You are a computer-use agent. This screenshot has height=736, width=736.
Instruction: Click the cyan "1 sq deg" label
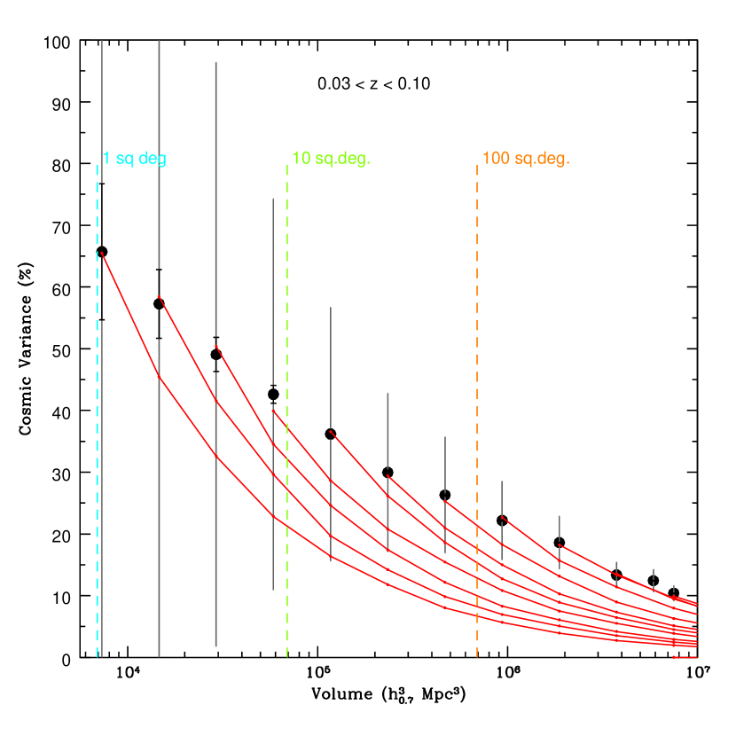[134, 160]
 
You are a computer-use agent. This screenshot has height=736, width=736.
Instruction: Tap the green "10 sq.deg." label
[331, 160]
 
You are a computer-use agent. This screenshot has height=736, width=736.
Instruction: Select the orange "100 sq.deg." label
[525, 160]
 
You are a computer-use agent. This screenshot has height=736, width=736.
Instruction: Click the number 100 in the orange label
[495, 160]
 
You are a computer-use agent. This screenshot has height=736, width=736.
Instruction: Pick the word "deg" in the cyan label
[153, 161]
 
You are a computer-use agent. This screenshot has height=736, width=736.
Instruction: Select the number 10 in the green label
[301, 160]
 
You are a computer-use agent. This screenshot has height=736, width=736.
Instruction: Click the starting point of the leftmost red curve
[102, 253]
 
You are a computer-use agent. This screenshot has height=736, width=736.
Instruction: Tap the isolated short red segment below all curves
[685, 657]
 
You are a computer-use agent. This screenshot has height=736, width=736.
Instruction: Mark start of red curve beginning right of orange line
[502, 517]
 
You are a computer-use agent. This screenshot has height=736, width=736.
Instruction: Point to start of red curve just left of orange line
[445, 500]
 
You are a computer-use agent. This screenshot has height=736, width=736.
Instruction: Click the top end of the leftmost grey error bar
[102, 41]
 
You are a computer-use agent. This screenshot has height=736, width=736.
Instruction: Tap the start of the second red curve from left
[159, 296]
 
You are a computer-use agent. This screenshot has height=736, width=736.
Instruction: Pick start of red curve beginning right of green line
[331, 432]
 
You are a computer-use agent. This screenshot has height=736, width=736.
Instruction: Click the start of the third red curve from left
[215, 346]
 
